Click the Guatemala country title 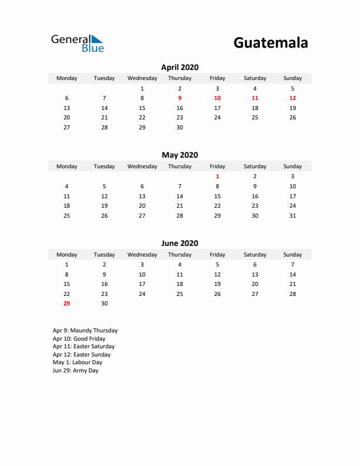[271, 43]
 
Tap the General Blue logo [77, 43]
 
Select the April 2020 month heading [179, 67]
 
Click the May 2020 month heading [179, 155]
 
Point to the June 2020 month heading [179, 244]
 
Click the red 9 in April [179, 98]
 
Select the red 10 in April [217, 98]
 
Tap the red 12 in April [292, 98]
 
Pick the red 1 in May [217, 177]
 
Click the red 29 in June [66, 304]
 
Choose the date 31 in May [292, 216]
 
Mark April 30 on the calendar [179, 128]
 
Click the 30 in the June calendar [104, 304]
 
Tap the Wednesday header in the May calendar [142, 167]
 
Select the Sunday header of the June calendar [292, 255]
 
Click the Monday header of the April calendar [66, 78]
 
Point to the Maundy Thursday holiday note [85, 331]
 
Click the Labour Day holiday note [77, 362]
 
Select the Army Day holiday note [75, 371]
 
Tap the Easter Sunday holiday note [81, 355]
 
